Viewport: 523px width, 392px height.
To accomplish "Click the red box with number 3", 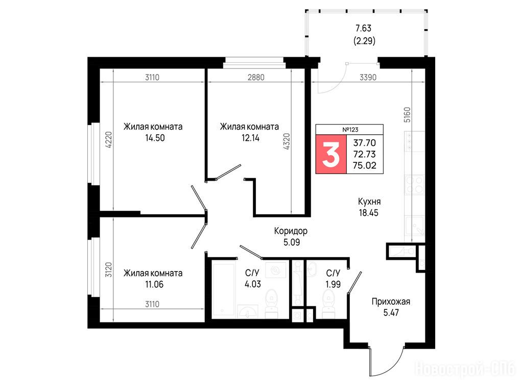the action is [x=331, y=154].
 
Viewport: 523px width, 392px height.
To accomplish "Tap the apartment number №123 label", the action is [x=350, y=130].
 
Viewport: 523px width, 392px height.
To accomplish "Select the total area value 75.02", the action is [x=365, y=165].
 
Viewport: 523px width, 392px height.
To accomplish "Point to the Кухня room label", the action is [x=369, y=201].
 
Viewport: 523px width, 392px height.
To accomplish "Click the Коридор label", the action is [x=291, y=231].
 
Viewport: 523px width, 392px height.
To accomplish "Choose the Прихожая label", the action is [x=391, y=302].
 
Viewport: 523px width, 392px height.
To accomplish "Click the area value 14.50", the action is [x=155, y=138].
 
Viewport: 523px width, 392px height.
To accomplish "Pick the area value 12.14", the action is [x=250, y=138].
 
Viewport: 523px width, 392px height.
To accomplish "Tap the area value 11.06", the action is [x=154, y=284].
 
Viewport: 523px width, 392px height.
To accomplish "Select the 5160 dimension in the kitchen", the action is [x=407, y=115].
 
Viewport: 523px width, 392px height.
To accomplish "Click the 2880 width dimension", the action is [x=256, y=78].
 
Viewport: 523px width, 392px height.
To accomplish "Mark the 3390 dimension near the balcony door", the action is [x=368, y=78].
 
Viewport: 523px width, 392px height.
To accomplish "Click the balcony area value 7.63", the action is [x=364, y=28].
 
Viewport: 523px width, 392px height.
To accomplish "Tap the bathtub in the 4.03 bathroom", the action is [x=224, y=290].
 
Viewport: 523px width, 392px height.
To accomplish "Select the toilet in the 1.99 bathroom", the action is [x=328, y=303].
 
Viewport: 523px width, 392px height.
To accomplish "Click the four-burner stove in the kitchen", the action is [x=415, y=185].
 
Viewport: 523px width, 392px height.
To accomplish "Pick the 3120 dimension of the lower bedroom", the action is [x=109, y=269].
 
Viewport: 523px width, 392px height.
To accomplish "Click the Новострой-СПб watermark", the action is [x=466, y=369].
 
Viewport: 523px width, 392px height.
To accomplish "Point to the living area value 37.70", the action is [x=365, y=143].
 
